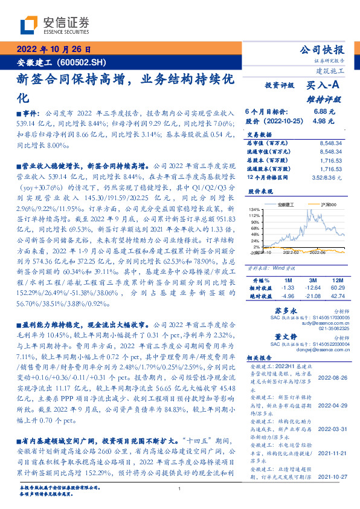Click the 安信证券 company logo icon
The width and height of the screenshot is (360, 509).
point(30,26)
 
